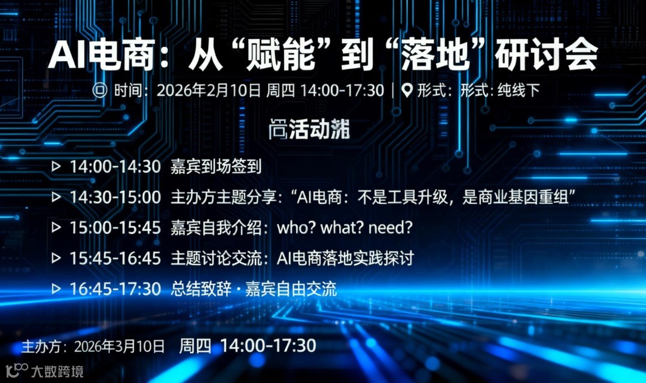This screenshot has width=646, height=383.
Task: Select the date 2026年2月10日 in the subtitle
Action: click(x=208, y=90)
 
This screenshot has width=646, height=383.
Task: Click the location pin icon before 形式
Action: click(x=407, y=90)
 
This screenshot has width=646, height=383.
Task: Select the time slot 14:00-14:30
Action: click(x=115, y=166)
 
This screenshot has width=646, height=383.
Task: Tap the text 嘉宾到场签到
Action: click(x=217, y=166)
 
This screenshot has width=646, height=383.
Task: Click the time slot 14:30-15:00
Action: click(x=115, y=197)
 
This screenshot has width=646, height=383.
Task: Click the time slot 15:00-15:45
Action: click(x=115, y=228)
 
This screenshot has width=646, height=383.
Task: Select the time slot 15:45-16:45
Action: click(x=115, y=259)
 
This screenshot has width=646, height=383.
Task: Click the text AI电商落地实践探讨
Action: click(x=345, y=259)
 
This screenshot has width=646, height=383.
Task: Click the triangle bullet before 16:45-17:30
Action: click(x=56, y=289)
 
